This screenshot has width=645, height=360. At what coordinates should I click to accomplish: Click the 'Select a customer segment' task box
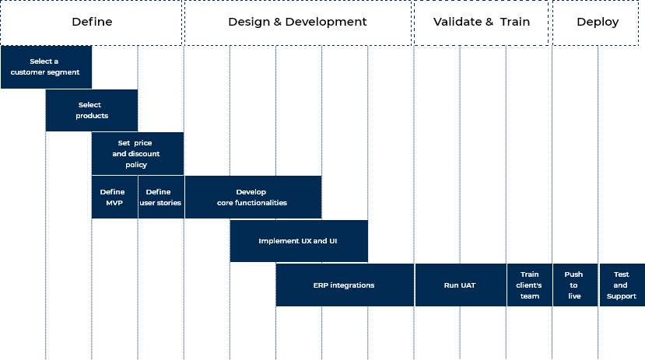tap(46, 67)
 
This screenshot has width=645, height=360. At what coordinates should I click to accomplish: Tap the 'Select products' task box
tap(92, 110)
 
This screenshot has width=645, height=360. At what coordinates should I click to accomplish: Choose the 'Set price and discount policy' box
tap(138, 154)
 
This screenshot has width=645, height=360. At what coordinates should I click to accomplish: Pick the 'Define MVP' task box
tap(114, 197)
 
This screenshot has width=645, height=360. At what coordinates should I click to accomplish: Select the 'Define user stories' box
tap(160, 197)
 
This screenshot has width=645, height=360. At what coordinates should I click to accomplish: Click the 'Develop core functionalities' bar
tap(253, 197)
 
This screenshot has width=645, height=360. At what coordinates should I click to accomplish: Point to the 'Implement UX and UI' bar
tap(298, 241)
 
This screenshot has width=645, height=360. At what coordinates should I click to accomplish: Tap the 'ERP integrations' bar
tap(344, 285)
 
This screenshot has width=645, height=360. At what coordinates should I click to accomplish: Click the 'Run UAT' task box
tap(460, 285)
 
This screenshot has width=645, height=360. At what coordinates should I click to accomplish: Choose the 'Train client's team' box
tap(529, 285)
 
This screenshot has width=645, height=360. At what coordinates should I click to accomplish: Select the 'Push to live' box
tap(574, 285)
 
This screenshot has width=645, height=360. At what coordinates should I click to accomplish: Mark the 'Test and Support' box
tap(621, 285)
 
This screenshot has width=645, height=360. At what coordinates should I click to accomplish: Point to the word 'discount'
tap(144, 154)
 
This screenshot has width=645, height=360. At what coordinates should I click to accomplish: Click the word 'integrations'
tap(352, 285)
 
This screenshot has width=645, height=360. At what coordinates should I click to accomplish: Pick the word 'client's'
tap(529, 285)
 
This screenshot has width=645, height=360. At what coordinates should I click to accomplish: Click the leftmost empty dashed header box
tap(92, 23)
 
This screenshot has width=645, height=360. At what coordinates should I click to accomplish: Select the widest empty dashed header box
tap(298, 23)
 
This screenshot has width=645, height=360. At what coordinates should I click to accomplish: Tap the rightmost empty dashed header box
tap(598, 23)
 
